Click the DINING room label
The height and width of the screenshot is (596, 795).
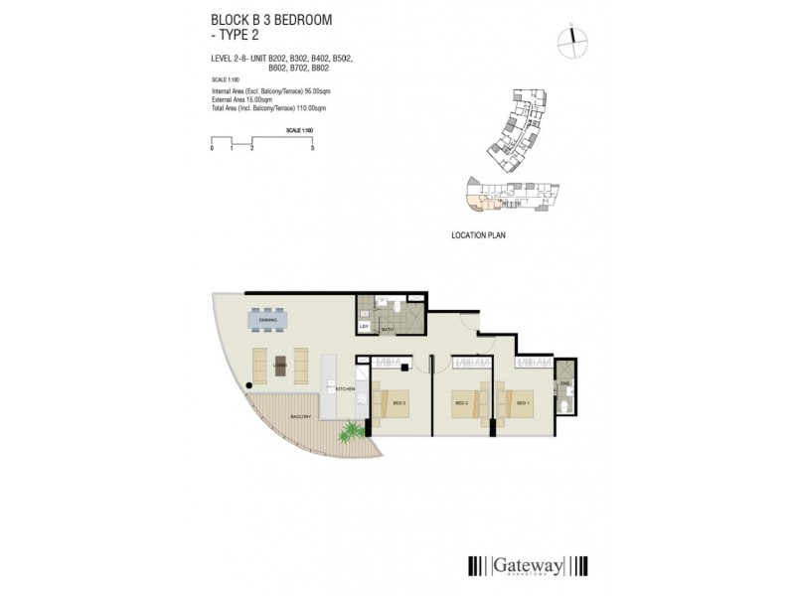click(x=267, y=320)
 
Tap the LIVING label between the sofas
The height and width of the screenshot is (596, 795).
click(x=279, y=366)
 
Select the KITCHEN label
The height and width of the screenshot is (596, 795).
click(x=347, y=388)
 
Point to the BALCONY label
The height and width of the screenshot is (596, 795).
click(x=301, y=415)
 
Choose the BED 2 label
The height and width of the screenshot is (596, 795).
click(x=460, y=403)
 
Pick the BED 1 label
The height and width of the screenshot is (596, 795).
click(x=523, y=403)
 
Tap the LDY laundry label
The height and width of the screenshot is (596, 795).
click(x=365, y=326)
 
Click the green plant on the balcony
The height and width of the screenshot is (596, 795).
click(x=350, y=433)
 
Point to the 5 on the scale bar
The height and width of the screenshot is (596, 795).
click(x=313, y=148)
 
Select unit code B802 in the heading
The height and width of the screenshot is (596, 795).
click(x=320, y=68)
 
